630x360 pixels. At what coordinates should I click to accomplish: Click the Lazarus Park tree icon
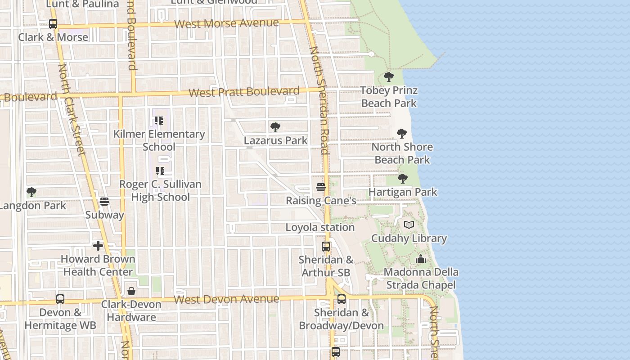(x=275, y=127)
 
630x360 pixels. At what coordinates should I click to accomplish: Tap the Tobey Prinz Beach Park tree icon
(x=389, y=77)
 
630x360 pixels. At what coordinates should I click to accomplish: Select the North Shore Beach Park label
(x=402, y=153)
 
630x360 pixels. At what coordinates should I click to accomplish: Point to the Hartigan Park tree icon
(x=403, y=179)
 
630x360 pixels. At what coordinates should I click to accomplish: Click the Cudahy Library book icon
(x=409, y=225)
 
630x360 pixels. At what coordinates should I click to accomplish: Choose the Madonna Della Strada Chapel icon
(x=421, y=259)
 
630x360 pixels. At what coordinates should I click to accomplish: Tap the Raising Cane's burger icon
(x=321, y=187)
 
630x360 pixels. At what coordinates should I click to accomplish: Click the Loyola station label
(x=320, y=227)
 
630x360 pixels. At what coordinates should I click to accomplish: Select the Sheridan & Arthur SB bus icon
(x=326, y=247)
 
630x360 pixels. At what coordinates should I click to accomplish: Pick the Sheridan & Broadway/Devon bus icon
(x=342, y=299)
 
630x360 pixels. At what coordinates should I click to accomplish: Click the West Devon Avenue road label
(x=226, y=299)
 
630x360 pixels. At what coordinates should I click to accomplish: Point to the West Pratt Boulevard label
(x=243, y=92)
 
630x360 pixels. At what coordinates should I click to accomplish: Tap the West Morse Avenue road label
(x=226, y=23)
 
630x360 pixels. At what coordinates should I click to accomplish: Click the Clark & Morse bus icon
(x=53, y=24)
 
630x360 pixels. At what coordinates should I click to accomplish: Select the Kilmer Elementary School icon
(x=159, y=121)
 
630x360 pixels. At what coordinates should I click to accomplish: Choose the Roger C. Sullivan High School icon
(x=160, y=171)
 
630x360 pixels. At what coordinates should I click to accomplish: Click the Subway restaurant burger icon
(x=104, y=202)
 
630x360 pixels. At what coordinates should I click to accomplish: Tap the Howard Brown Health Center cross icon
(x=98, y=246)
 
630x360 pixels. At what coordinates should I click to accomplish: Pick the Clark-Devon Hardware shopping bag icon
(x=131, y=291)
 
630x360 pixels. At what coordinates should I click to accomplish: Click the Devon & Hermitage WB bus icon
(x=60, y=299)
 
